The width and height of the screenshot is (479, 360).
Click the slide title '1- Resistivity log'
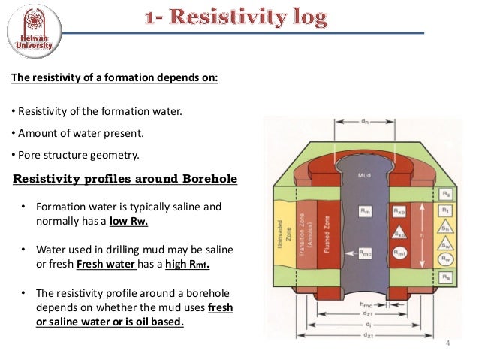point(236,19)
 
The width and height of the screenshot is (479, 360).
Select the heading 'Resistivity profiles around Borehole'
point(125,179)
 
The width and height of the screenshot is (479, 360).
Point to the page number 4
point(448,344)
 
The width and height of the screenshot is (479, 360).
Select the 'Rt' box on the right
point(446,211)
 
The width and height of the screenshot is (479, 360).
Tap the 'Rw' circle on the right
point(446,259)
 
